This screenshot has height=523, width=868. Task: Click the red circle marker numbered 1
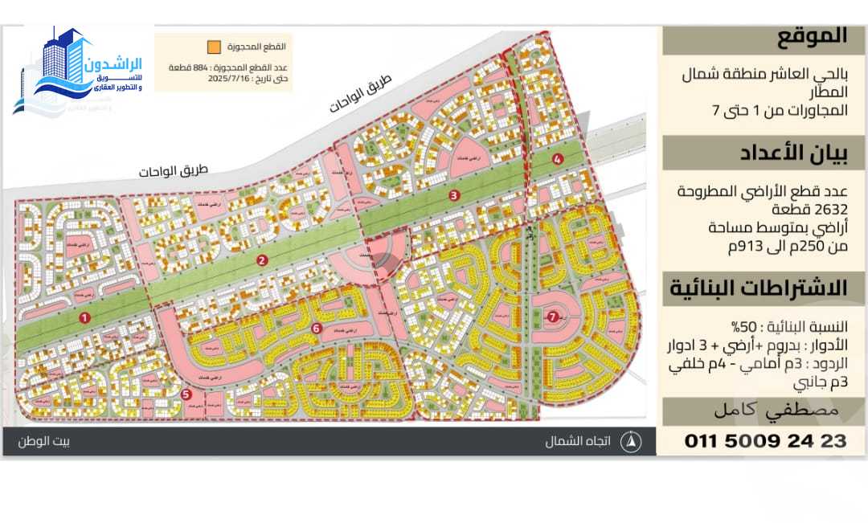[x=84, y=317]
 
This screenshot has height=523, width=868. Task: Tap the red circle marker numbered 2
[x=262, y=260]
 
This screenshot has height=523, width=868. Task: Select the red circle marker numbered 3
[x=454, y=194]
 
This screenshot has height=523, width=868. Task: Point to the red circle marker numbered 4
[x=558, y=159]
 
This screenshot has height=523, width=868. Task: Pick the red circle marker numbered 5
[x=186, y=394]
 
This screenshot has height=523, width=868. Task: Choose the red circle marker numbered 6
[x=317, y=328]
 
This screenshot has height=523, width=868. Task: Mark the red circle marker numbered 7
[x=551, y=317]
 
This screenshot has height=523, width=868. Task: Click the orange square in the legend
[x=214, y=47]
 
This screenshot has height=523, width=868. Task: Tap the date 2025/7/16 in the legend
[x=231, y=80]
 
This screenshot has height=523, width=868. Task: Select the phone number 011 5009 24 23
[x=765, y=440]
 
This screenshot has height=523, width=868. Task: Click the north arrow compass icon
[x=633, y=441]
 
